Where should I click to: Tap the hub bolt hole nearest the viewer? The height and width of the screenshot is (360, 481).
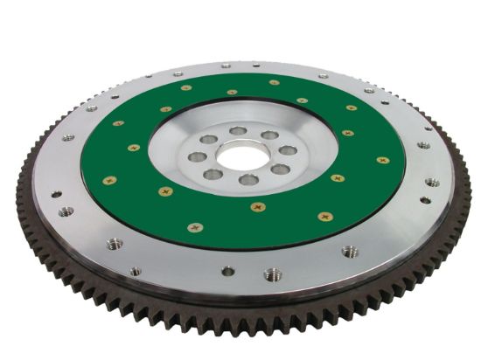pos(248,179)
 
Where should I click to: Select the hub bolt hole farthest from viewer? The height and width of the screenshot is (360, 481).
pos(238,131)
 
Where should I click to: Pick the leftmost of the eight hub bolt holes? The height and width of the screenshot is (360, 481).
pos(197,157)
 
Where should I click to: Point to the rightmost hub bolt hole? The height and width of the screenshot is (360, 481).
pos(288,151)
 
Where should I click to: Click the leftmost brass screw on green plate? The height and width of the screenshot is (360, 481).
pos(108,180)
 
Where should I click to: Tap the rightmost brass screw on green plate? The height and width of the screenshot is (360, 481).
pos(382,160)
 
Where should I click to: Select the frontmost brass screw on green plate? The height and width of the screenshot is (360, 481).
pos(195,227)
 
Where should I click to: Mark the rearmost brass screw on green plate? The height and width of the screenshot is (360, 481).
pos(274,83)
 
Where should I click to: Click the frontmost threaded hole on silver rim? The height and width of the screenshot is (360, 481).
pos(272,273)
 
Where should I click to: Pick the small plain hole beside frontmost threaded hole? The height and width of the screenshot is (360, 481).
pos(227,271)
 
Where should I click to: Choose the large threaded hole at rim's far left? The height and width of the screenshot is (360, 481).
pos(66,211)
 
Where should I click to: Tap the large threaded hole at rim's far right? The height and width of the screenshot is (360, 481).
pos(431,183)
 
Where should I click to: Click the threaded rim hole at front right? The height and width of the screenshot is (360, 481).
pos(350,252)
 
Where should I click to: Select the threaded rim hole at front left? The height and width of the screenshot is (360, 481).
pos(115,244)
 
